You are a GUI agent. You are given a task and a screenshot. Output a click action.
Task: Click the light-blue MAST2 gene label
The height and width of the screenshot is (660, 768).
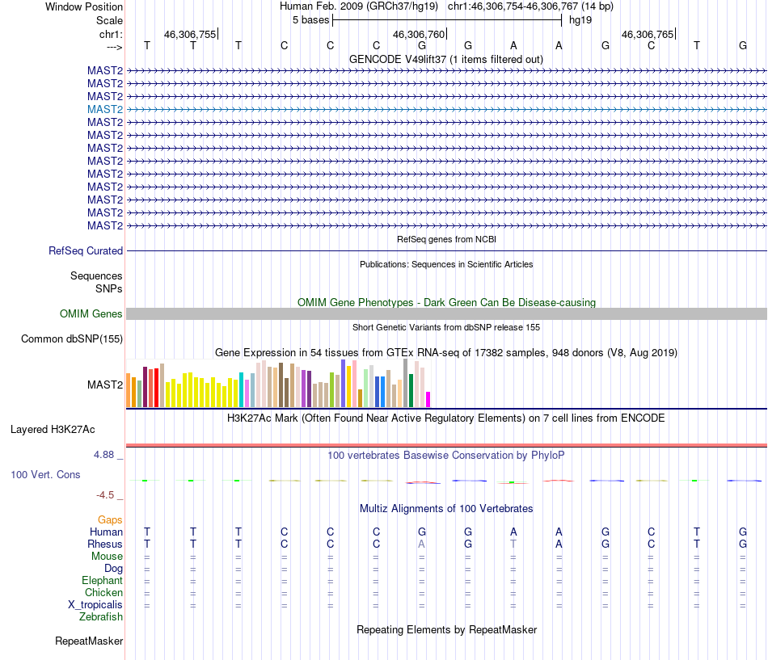point(105,109)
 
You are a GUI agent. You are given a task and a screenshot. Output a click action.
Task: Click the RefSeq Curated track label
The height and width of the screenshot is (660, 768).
point(86,251)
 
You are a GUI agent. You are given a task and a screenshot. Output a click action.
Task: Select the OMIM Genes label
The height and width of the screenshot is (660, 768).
point(91,314)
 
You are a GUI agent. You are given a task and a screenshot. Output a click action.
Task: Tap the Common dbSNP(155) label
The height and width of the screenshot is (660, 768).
point(72,339)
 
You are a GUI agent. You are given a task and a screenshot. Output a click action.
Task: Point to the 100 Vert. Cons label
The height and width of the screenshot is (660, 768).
point(45,475)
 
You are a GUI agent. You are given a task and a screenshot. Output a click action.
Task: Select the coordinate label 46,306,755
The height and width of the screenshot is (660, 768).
point(190,35)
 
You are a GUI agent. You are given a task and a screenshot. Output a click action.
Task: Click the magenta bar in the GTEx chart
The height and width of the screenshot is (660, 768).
point(428,399)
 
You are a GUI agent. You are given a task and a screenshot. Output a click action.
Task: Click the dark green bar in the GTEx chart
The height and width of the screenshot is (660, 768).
point(411,390)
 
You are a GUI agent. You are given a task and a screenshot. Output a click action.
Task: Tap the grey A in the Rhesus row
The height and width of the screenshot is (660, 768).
point(421,544)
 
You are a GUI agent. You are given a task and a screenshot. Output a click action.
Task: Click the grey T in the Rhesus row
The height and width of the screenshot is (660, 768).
point(513,544)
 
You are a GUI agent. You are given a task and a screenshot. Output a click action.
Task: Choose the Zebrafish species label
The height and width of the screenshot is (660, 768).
point(101,617)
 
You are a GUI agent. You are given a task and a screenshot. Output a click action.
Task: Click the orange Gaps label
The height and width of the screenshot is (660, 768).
point(110,520)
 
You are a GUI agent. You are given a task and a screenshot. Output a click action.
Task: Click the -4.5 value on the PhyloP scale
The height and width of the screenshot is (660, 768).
point(106,495)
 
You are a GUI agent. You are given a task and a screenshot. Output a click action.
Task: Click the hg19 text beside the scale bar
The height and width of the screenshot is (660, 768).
point(580,19)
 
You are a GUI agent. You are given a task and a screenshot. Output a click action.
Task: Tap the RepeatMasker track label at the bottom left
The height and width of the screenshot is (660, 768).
point(89,641)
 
